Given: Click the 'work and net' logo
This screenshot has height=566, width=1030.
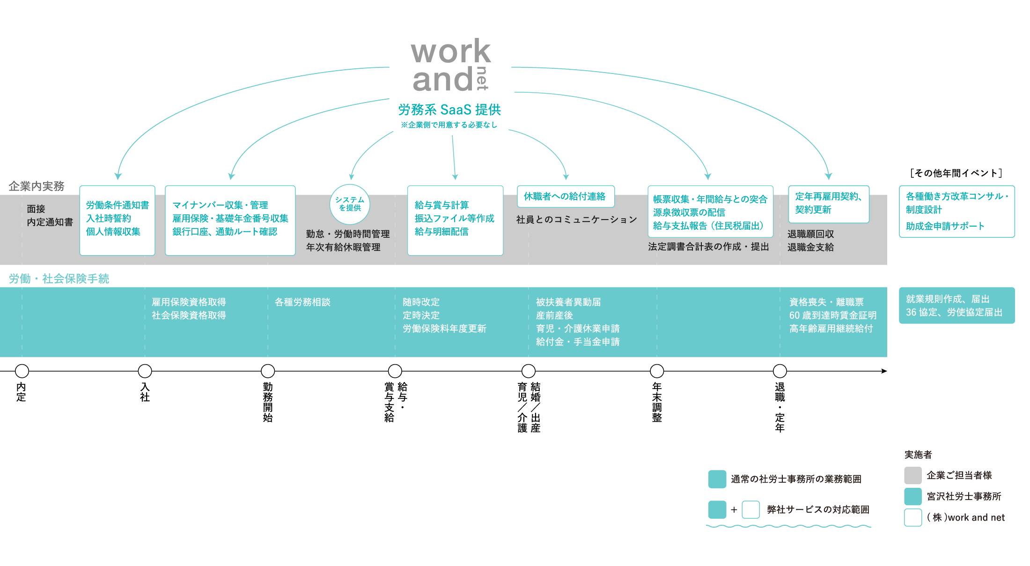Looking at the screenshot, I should (x=450, y=66).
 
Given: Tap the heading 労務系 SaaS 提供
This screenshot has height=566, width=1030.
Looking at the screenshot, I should (x=449, y=110).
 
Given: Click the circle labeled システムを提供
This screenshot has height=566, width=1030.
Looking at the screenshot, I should (x=350, y=204).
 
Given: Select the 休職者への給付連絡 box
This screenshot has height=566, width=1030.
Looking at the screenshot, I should (x=565, y=197).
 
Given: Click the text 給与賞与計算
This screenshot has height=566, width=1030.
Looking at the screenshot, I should (x=441, y=205).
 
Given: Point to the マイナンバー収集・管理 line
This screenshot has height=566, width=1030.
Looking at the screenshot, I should (x=220, y=205).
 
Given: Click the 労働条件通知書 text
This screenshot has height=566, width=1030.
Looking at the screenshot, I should (x=117, y=205).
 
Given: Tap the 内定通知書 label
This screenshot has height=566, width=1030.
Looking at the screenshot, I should (x=50, y=222).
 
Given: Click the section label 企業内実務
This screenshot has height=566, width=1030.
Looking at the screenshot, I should (x=37, y=186).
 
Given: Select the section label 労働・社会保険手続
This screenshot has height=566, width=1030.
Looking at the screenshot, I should (x=59, y=279).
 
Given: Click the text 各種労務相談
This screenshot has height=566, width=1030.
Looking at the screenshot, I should (x=302, y=302).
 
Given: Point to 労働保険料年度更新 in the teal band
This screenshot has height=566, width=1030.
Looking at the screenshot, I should (x=444, y=329).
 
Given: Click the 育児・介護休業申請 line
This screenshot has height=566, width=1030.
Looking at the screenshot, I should (x=577, y=329).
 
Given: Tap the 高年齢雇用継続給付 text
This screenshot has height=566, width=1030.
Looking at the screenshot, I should (x=831, y=329).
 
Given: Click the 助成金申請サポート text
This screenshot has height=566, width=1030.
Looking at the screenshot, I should (x=945, y=226).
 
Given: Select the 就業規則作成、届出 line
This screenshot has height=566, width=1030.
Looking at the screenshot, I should (x=948, y=299).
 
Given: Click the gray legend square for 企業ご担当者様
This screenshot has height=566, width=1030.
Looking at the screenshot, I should (x=912, y=476).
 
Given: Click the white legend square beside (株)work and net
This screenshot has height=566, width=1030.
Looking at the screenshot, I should (x=912, y=518).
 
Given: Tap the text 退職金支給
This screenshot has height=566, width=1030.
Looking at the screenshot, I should (x=810, y=247).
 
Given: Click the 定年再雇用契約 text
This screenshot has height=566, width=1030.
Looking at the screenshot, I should (x=828, y=197).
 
